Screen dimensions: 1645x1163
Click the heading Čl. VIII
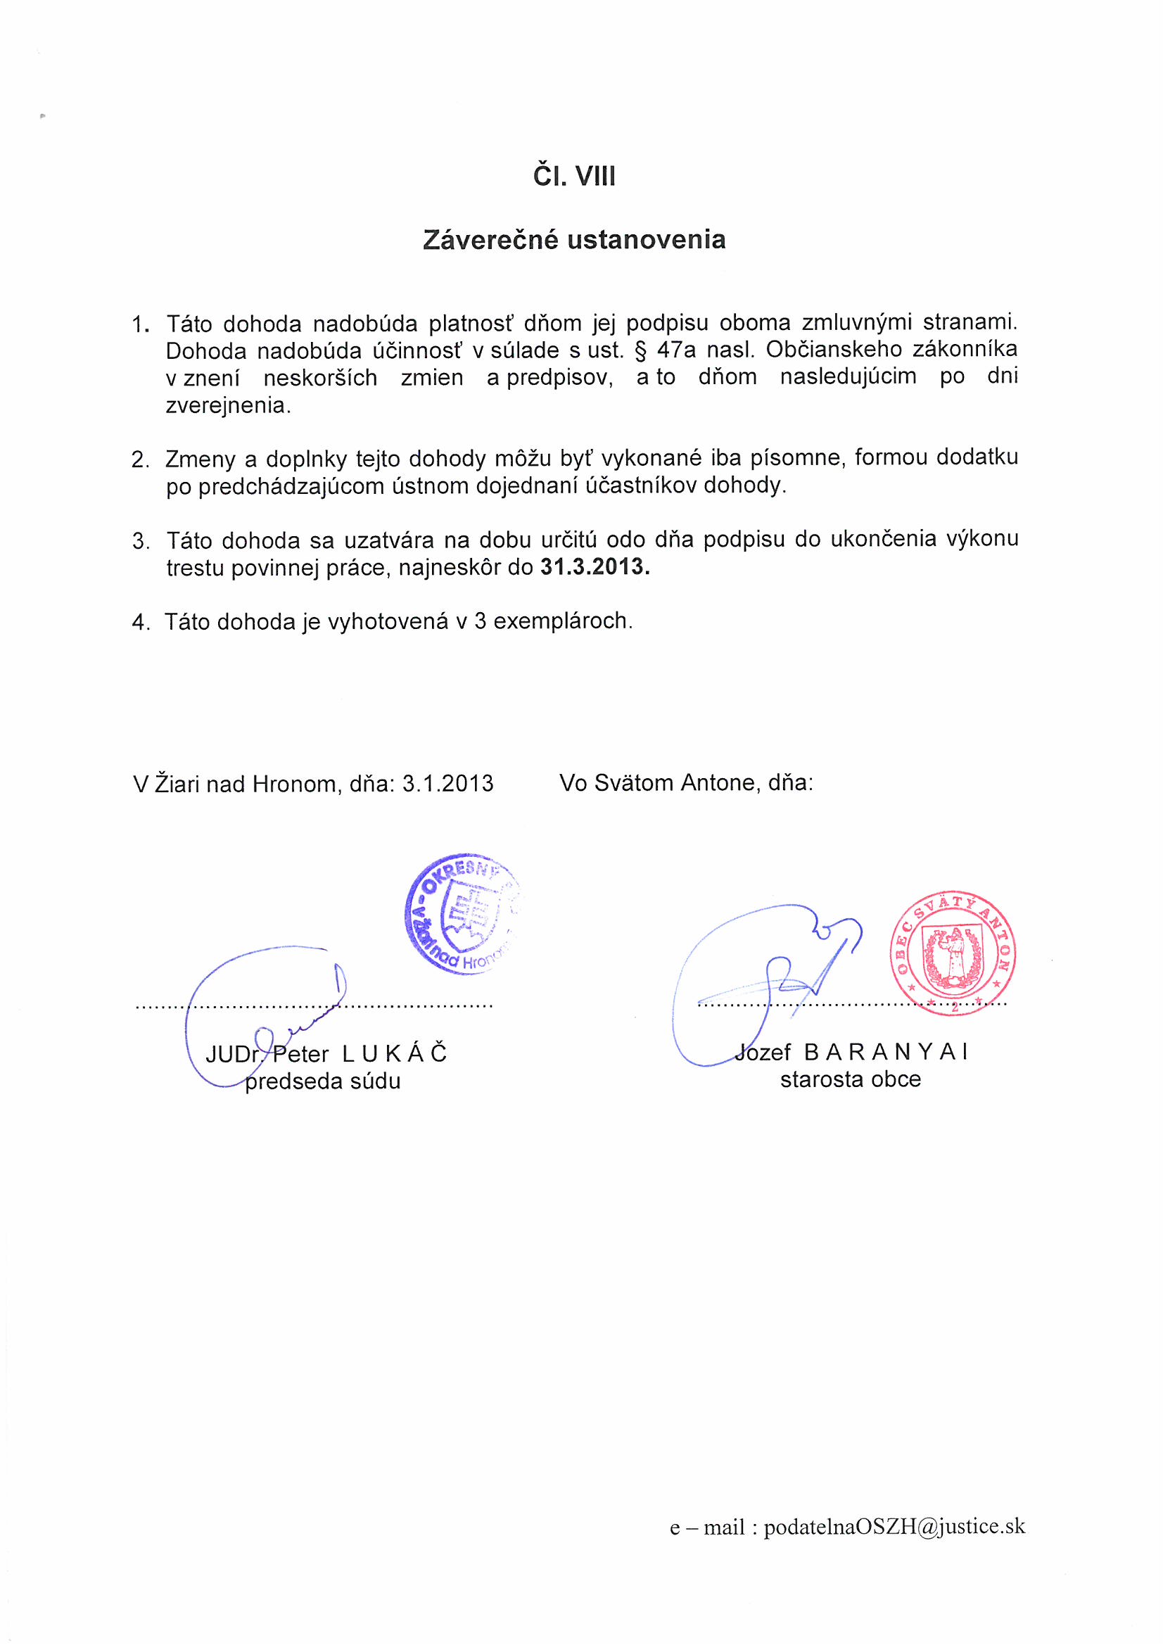573,176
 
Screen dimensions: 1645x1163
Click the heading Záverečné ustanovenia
574,239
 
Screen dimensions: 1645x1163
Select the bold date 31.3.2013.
595,566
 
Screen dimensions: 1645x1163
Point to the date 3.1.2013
448,783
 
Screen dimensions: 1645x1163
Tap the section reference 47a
675,350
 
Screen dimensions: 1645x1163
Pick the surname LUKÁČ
394,1053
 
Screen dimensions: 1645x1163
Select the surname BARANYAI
886,1052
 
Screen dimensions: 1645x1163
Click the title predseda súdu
322,1081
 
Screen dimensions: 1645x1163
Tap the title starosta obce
851,1079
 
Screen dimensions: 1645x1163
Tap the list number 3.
141,541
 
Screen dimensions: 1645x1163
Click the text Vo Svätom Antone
658,782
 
